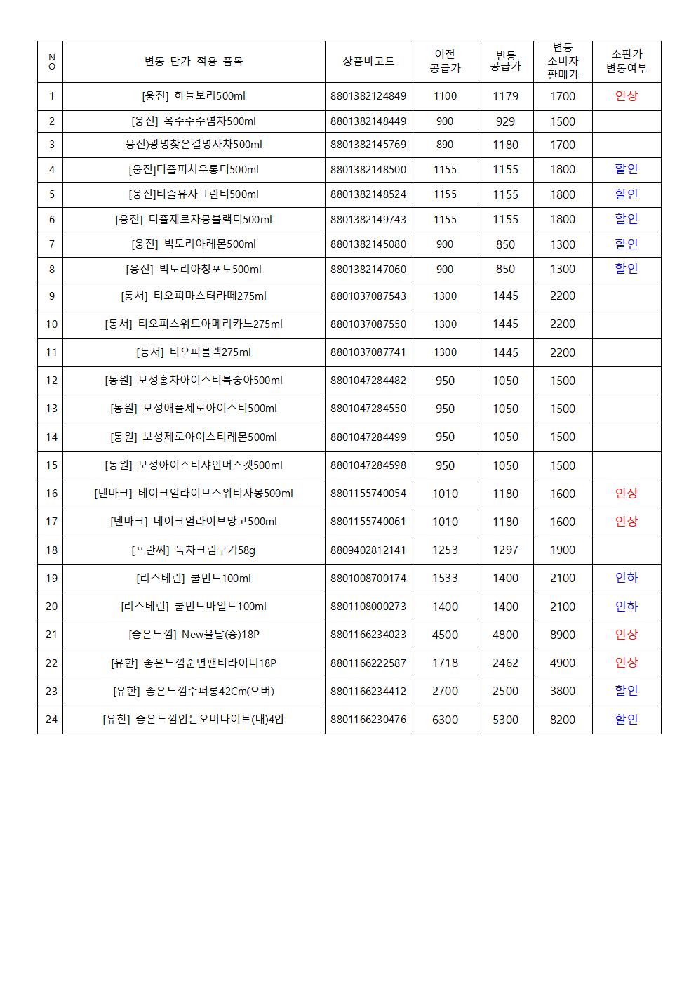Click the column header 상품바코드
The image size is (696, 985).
click(x=368, y=61)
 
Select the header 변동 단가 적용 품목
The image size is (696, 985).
click(x=194, y=61)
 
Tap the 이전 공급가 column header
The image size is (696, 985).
click(x=445, y=61)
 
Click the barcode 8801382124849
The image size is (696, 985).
click(x=368, y=96)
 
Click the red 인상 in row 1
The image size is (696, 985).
click(x=626, y=96)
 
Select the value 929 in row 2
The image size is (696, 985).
click(x=505, y=121)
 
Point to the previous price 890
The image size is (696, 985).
click(x=445, y=145)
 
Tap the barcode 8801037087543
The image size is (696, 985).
click(x=368, y=296)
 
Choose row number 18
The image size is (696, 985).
click(x=51, y=550)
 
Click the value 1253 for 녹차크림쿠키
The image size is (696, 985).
click(x=445, y=550)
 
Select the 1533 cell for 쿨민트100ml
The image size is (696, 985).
click(x=445, y=578)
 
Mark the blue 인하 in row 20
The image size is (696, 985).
click(x=626, y=606)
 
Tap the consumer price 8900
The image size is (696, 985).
click(x=563, y=635)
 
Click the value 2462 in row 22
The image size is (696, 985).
click(x=505, y=663)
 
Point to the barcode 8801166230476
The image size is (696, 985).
click(x=368, y=719)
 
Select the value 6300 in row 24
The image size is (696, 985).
click(x=445, y=719)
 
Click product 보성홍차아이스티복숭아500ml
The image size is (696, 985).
click(x=194, y=381)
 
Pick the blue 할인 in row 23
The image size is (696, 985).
click(x=626, y=691)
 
